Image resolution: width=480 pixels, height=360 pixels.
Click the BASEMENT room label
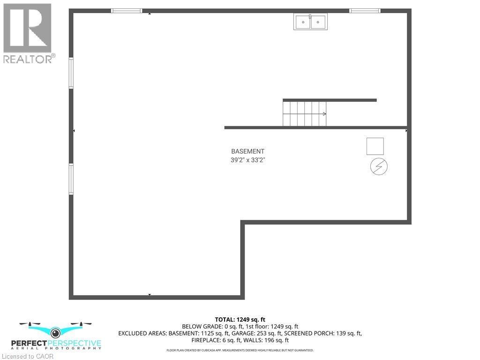coord(247,151)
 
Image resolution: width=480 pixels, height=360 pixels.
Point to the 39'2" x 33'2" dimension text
coord(247,160)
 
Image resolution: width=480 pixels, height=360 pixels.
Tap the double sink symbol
coord(310,22)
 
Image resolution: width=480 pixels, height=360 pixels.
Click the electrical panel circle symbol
coord(379,167)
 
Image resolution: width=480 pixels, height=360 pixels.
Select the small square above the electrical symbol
coord(375,146)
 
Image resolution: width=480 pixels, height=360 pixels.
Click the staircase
coord(304,113)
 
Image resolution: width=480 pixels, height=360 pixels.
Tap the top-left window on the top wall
coord(127,11)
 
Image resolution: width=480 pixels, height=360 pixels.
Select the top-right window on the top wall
coord(365,11)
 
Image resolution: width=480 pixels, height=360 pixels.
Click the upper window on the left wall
coord(71,73)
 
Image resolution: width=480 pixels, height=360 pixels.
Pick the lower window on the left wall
coord(71,179)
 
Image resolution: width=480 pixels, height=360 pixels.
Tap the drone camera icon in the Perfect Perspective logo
coord(56,333)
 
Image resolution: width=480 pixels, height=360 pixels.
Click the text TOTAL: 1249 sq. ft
coord(240,320)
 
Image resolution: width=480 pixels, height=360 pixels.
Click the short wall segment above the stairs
coord(330,100)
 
